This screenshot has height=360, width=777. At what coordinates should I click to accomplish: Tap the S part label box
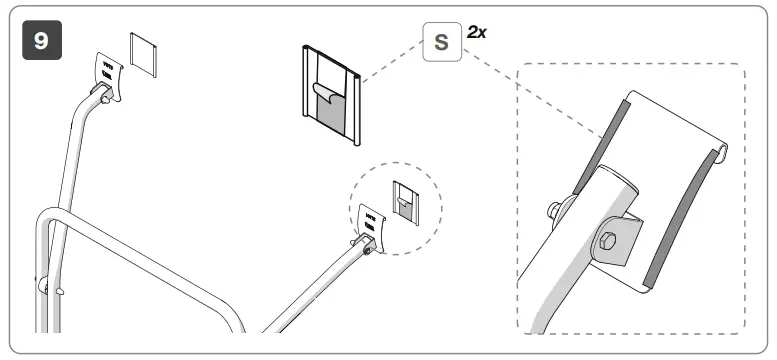click(440, 43)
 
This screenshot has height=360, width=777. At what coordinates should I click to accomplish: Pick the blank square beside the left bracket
click(144, 57)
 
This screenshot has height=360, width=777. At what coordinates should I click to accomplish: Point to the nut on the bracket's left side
click(552, 211)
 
